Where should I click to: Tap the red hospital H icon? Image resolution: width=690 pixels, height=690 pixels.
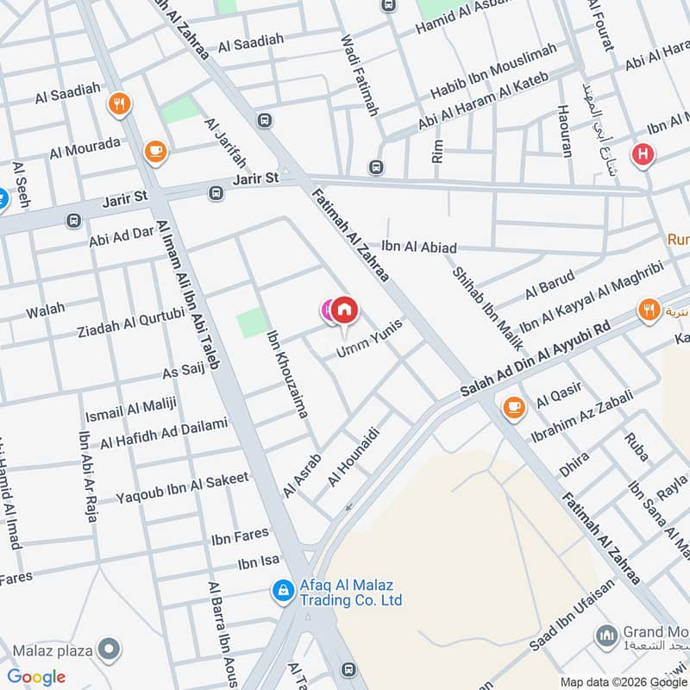click(x=643, y=154)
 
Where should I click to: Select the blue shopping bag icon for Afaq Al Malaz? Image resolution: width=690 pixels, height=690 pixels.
click(x=282, y=591)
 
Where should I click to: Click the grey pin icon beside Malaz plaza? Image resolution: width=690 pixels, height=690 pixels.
click(x=109, y=649)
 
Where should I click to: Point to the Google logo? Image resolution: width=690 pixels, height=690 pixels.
click(x=37, y=677)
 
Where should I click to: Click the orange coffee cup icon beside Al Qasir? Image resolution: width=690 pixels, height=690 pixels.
click(x=515, y=406)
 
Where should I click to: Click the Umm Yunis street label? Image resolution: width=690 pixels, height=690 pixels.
click(x=370, y=340)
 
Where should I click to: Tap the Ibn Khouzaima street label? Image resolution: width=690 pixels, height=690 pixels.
click(x=287, y=374)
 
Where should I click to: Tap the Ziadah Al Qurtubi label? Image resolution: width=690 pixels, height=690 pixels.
click(x=131, y=323)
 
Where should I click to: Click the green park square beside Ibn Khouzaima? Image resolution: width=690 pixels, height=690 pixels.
click(x=251, y=323)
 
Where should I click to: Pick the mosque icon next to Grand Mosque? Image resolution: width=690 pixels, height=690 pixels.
click(x=606, y=637)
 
